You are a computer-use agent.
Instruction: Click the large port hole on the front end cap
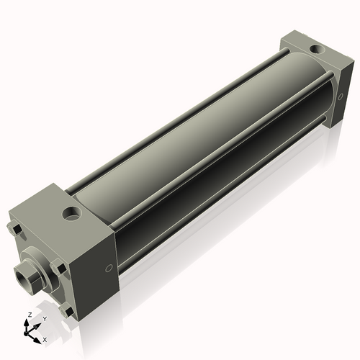tap(72, 214)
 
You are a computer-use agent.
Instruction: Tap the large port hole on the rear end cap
tap(314, 50)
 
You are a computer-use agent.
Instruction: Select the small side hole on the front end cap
tap(108, 268)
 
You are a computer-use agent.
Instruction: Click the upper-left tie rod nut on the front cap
tap(15, 230)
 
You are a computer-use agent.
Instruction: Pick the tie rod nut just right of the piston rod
tap(59, 269)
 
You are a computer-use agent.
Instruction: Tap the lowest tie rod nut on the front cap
tap(68, 311)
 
